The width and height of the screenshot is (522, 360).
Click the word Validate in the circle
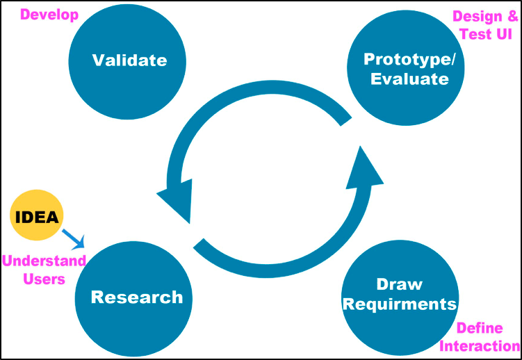[x=130, y=60]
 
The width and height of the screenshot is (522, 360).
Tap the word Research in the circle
[x=137, y=297]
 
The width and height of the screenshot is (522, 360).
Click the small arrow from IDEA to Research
[x=73, y=238]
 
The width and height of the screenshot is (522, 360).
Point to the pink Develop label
[x=49, y=14]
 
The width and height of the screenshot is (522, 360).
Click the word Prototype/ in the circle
[x=409, y=58]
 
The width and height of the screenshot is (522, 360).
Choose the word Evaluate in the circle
[x=409, y=79]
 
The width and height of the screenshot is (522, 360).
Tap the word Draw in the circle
[x=400, y=284]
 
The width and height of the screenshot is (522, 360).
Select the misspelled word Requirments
[x=400, y=304]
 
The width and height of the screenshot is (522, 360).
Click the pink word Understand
[x=44, y=262]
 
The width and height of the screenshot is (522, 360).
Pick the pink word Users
[x=44, y=279]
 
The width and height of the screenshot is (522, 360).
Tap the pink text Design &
[x=484, y=16]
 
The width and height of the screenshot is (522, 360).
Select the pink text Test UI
[x=486, y=33]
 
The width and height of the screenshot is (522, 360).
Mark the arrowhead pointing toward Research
[x=175, y=198]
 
